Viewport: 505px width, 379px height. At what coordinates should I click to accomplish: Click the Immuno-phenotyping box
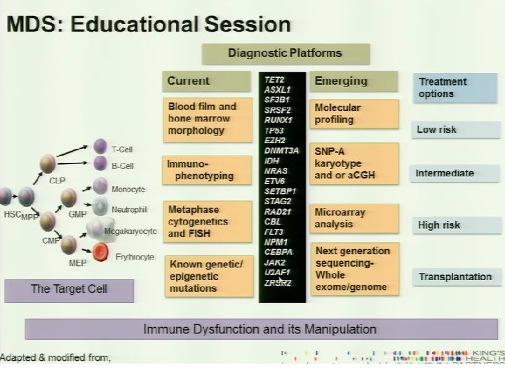pos(208,170)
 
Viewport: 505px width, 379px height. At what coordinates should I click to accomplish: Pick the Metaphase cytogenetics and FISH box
pos(208,220)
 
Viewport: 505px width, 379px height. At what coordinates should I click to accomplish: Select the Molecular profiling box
pos(353,114)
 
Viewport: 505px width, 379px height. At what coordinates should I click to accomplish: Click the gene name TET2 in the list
pos(274,80)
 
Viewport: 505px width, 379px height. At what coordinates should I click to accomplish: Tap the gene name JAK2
pos(275,262)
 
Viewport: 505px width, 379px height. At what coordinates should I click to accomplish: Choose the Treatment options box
pos(450,88)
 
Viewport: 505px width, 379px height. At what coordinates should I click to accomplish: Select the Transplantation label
pos(455,277)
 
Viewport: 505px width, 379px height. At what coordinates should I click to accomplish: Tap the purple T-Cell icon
pos(100,147)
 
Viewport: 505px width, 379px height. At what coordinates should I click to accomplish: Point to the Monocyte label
pos(128,189)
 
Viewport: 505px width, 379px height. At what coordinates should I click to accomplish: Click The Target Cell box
pos(69,289)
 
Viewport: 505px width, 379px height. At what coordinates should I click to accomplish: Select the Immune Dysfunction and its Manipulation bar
pos(260,329)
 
